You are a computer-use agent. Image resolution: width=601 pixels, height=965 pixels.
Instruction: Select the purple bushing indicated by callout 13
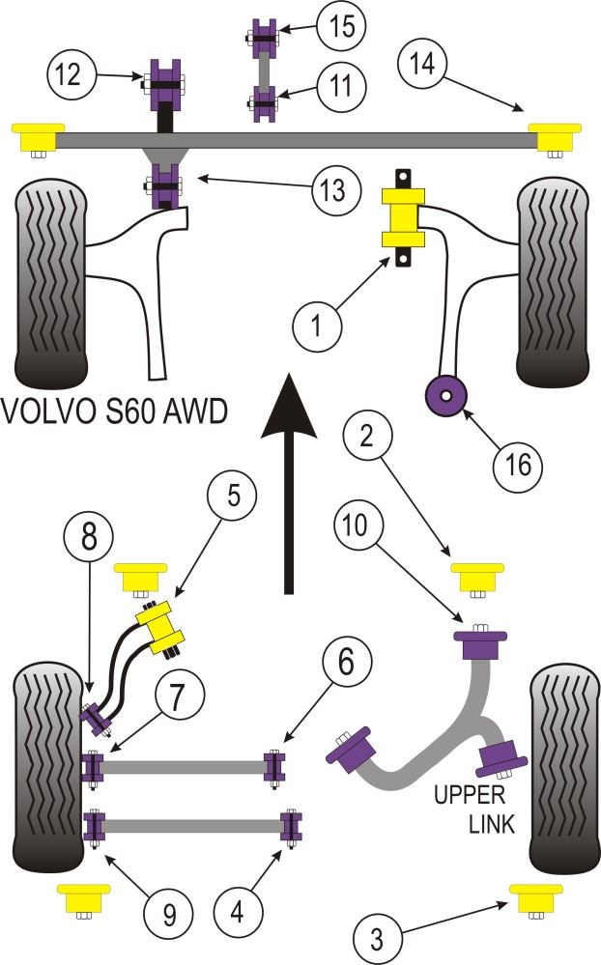pyautogui.click(x=164, y=186)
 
